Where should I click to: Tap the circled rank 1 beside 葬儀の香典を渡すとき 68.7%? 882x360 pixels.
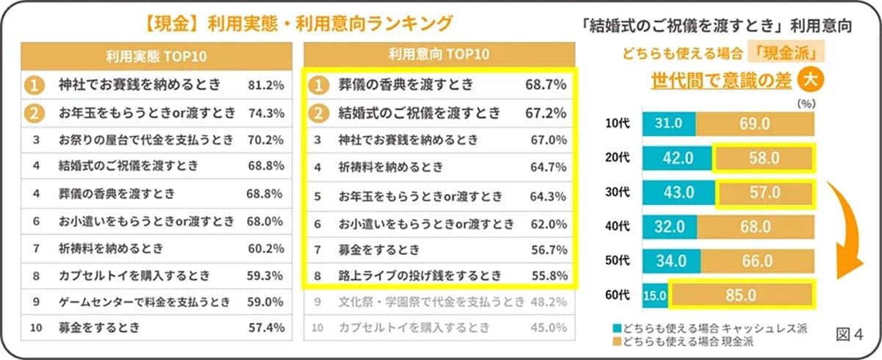(x=316, y=85)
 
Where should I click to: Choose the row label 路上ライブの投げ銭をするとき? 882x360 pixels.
(x=420, y=276)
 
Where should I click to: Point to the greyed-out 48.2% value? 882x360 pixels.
(x=547, y=301)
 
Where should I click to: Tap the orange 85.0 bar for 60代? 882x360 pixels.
(x=741, y=295)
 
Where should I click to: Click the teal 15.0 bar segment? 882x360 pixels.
(x=656, y=295)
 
